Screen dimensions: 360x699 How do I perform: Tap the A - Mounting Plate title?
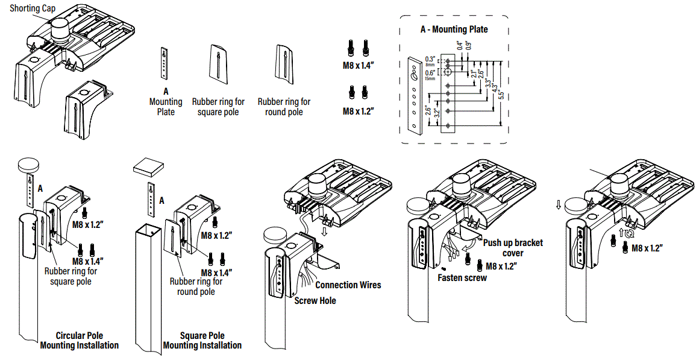[454, 29]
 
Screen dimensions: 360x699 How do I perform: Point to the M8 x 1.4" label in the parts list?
[359, 65]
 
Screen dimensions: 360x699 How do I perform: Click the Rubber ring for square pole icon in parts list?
[218, 64]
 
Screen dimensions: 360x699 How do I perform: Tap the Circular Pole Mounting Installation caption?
[80, 341]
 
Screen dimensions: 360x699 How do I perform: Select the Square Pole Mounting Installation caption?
[202, 341]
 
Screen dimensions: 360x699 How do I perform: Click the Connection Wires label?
[348, 285]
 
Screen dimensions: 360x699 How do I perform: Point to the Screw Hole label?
[315, 300]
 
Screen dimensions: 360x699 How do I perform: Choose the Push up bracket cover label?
[513, 248]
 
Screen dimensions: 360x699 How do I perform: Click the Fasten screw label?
[462, 278]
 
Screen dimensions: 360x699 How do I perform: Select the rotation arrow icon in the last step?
[630, 234]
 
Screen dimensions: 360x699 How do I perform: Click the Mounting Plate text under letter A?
[166, 107]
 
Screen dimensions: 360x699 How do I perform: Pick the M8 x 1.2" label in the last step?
[647, 248]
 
